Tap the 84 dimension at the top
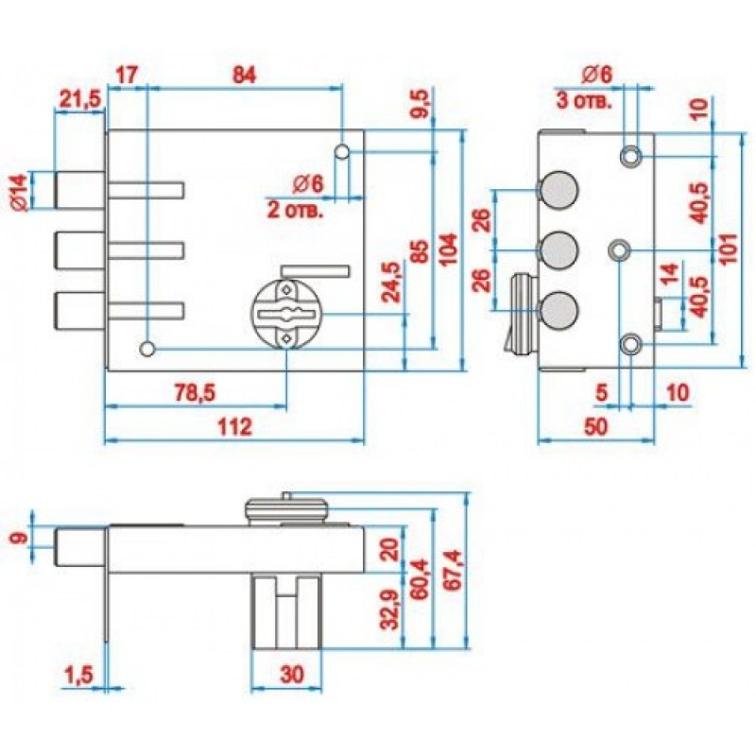(x=244, y=74)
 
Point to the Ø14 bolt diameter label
(x=20, y=190)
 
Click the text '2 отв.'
(x=295, y=210)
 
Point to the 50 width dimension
(x=595, y=427)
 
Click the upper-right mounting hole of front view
(x=343, y=151)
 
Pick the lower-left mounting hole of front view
(x=146, y=349)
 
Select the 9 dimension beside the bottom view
(x=20, y=540)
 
